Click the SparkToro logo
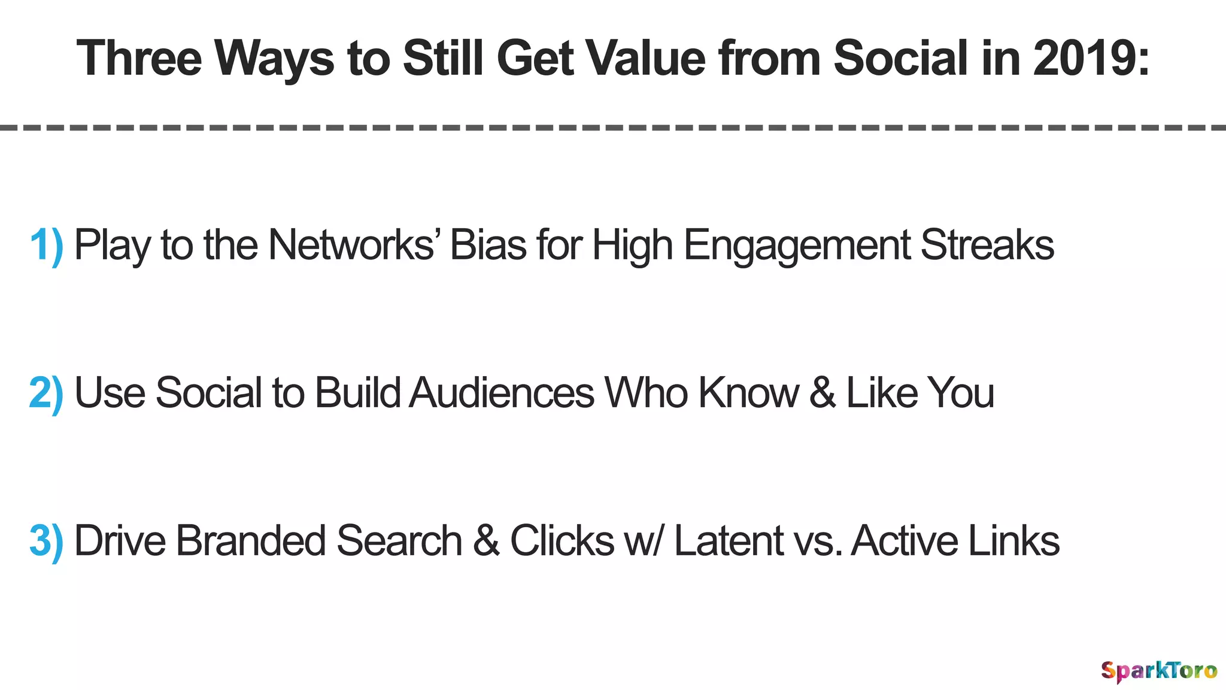point(1158,670)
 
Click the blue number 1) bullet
point(46,245)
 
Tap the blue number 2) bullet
point(46,393)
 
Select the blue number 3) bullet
point(46,541)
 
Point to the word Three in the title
point(139,58)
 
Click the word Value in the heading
point(645,58)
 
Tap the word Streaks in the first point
point(987,245)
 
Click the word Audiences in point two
point(502,393)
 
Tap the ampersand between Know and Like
point(823,393)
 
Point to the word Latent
point(728,541)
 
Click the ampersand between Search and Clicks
point(486,541)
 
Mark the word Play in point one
point(112,246)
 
